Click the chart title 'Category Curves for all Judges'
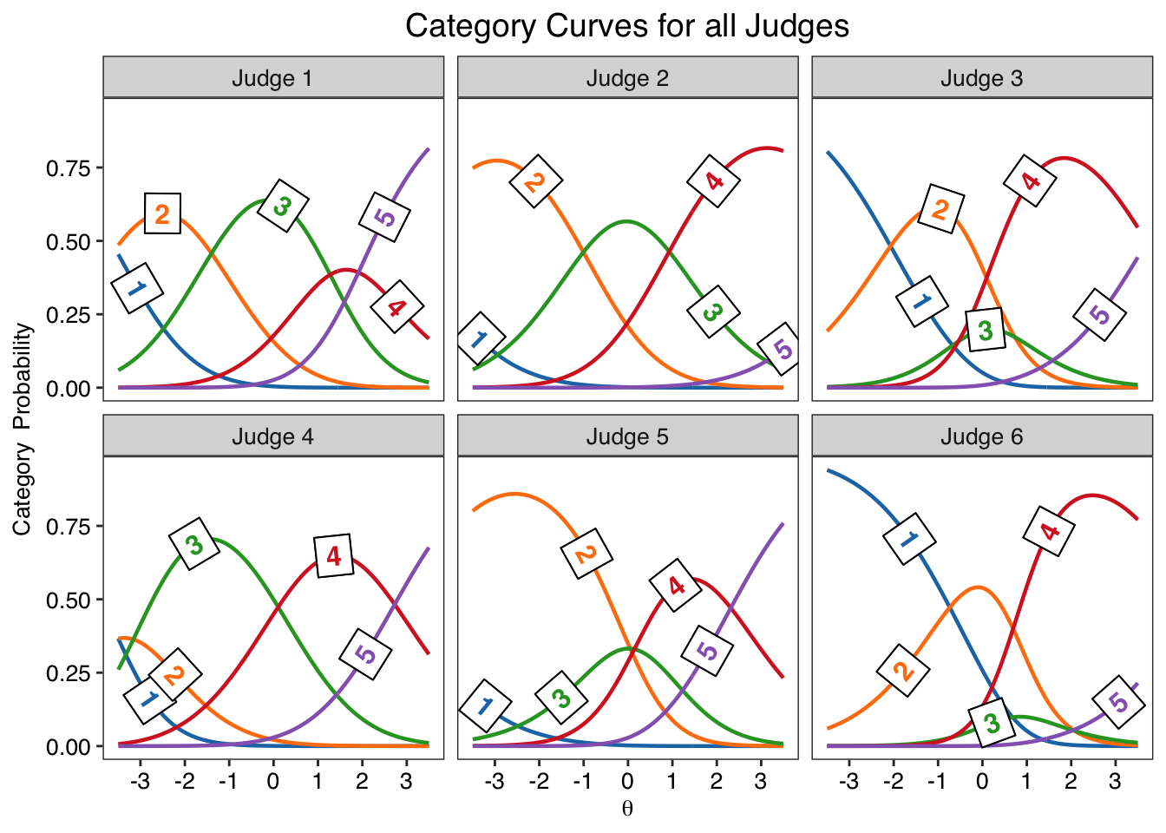(x=627, y=26)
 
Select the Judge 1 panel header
(x=273, y=77)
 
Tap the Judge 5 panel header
(x=628, y=436)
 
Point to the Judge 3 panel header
(x=982, y=77)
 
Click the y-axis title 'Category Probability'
(x=23, y=429)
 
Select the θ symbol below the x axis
(x=627, y=809)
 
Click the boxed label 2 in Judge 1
(x=162, y=214)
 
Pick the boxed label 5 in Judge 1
(x=384, y=217)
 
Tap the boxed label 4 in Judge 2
(x=714, y=181)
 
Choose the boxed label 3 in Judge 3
(x=986, y=330)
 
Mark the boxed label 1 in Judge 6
(x=909, y=538)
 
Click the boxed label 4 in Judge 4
(x=334, y=555)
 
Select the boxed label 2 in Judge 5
(x=586, y=554)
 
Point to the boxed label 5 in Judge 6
(x=1118, y=702)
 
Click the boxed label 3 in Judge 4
(x=194, y=544)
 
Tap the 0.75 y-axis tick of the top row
(x=69, y=168)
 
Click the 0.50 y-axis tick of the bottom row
(x=69, y=600)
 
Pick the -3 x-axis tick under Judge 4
(x=140, y=781)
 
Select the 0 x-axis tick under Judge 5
(x=628, y=781)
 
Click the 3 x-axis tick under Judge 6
(x=1115, y=781)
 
